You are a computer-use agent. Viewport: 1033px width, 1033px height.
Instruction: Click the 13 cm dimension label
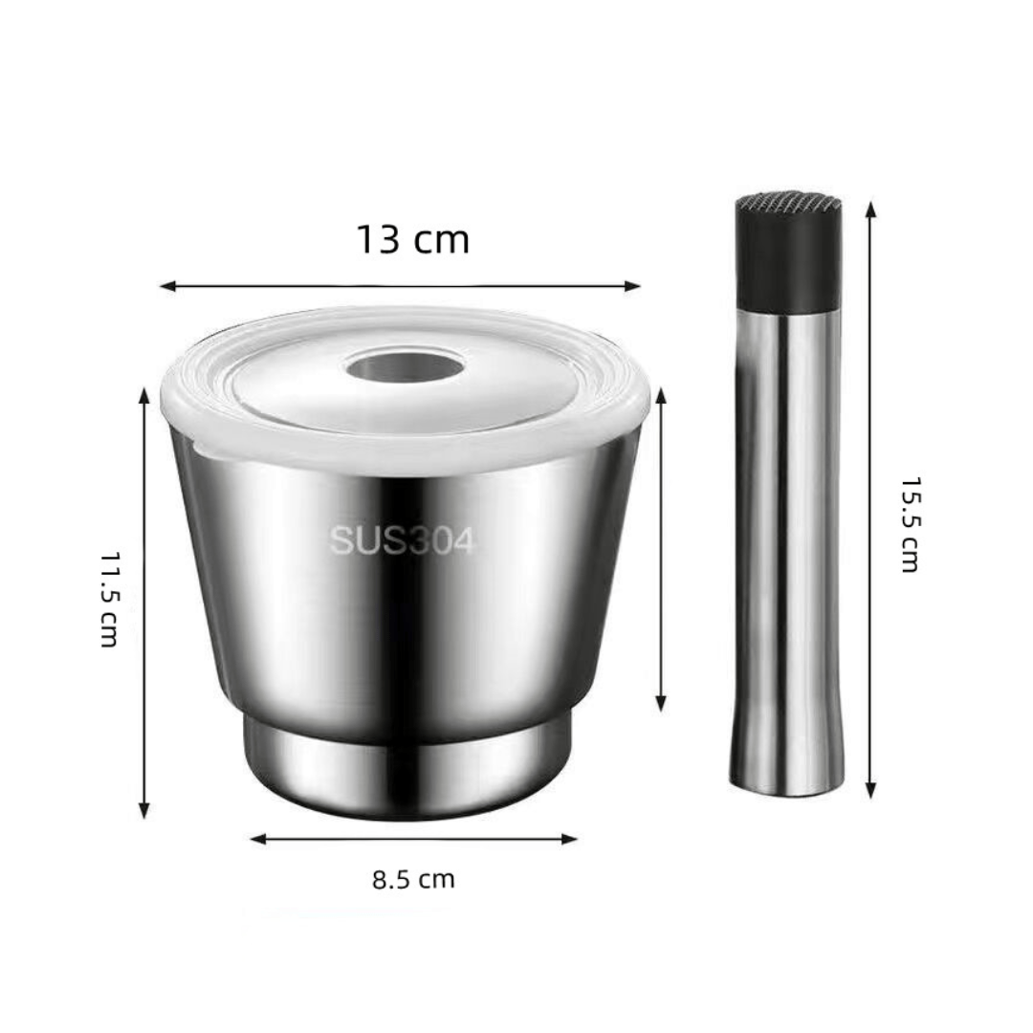point(412,239)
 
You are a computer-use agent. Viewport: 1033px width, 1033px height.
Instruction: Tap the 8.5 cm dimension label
point(413,879)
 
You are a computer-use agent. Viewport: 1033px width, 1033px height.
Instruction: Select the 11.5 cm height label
point(111,599)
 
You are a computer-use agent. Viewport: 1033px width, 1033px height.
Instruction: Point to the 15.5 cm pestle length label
point(911,524)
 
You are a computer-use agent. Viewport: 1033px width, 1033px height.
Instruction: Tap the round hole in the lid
point(406,363)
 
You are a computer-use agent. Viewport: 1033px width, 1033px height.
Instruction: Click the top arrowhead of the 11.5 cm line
point(144,395)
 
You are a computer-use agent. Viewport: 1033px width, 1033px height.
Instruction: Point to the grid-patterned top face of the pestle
point(789,203)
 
